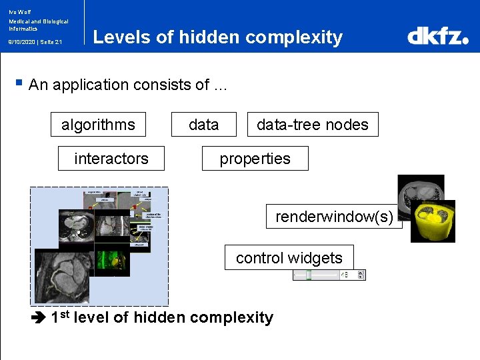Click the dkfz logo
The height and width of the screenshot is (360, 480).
tap(437, 36)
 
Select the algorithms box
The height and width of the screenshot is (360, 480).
tap(98, 125)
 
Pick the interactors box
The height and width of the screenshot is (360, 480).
tap(111, 159)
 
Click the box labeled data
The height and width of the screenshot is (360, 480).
tap(203, 125)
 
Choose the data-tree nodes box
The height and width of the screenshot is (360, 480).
tap(313, 125)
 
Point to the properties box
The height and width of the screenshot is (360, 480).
tap(255, 159)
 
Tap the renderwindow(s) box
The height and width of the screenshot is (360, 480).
tap(334, 216)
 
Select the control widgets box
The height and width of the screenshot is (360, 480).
tap(289, 258)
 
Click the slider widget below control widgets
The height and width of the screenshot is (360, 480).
tap(329, 275)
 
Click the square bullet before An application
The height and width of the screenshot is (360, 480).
tap(19, 84)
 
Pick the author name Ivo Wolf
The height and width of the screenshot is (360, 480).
tap(20, 11)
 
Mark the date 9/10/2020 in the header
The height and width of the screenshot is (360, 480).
tap(21, 41)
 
